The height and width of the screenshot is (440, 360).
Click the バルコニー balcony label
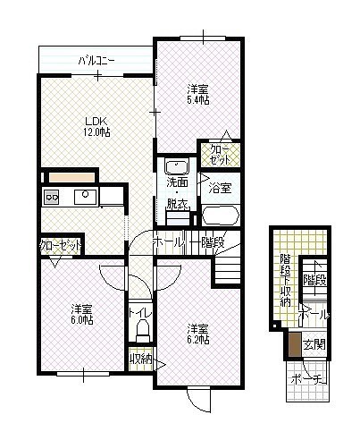point(96,62)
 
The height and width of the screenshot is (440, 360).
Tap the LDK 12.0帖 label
point(96,127)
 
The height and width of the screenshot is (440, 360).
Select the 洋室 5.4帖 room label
point(197,95)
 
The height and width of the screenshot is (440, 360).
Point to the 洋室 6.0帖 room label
point(82,315)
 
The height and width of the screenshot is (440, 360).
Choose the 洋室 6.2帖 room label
point(197,334)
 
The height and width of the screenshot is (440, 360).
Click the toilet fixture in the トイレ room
point(143,331)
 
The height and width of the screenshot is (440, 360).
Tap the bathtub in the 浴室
point(221,216)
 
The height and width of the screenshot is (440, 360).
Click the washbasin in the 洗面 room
point(177,167)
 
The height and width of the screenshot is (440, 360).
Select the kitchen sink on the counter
point(85,197)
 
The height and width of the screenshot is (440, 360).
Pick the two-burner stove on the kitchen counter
point(51,197)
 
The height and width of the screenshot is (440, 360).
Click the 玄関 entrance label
point(314,344)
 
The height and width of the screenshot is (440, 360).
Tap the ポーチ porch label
point(309,379)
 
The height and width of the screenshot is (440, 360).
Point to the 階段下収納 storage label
point(285,280)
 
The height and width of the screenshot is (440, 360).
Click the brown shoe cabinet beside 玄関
point(295,344)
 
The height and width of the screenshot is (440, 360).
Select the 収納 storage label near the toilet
point(141,359)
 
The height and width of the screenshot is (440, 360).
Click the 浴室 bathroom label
point(220,188)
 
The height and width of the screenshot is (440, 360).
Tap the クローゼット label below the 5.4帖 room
point(221,155)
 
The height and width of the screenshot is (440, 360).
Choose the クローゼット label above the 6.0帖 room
point(61,245)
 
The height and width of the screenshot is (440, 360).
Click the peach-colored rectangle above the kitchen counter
point(71,178)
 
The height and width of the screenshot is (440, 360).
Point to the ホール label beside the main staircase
point(167,242)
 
